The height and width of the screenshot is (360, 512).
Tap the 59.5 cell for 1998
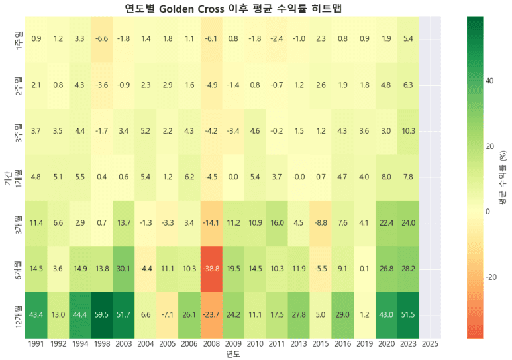pyautogui.click(x=101, y=314)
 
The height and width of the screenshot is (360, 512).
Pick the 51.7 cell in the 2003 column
pyautogui.click(x=123, y=314)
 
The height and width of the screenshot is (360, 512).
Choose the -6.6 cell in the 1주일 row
pyautogui.click(x=101, y=38)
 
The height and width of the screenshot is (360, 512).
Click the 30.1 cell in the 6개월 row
pyautogui.click(x=123, y=269)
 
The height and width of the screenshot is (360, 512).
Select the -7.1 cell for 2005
pyautogui.click(x=167, y=314)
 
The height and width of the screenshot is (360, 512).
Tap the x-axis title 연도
pyautogui.click(x=232, y=355)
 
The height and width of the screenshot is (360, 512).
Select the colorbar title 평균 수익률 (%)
pyautogui.click(x=503, y=177)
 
